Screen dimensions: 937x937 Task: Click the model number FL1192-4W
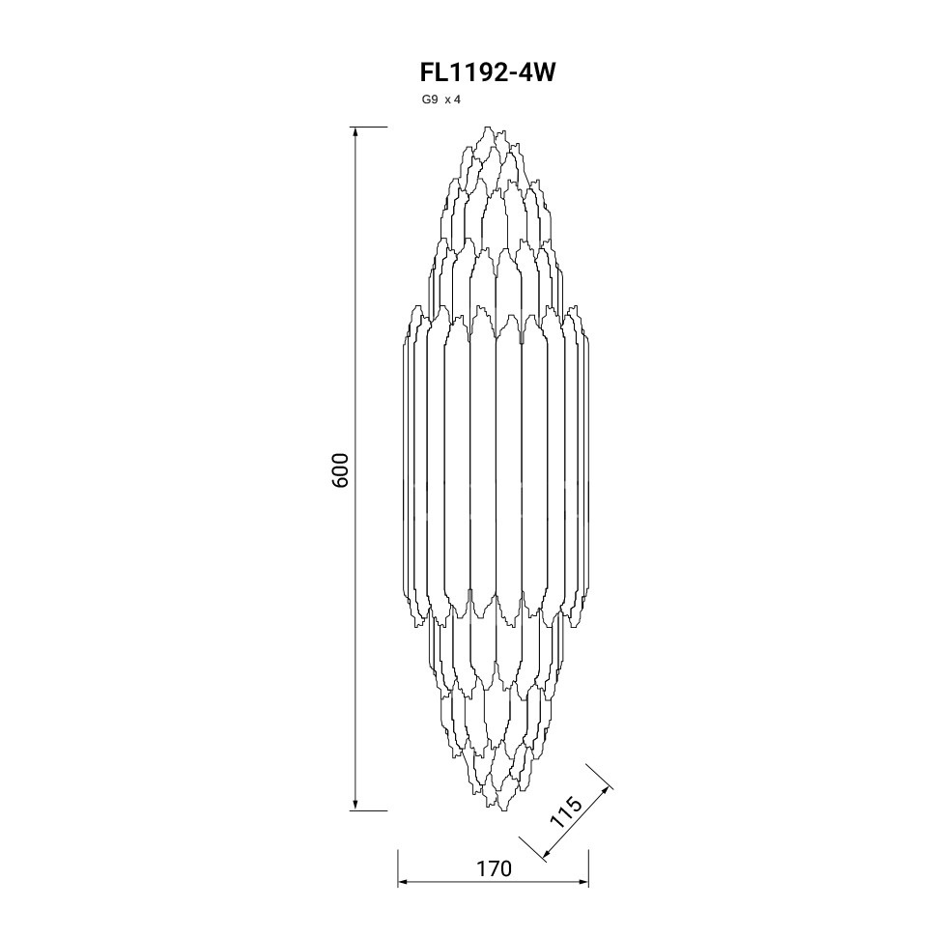click(488, 72)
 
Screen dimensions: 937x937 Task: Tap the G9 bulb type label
click(430, 99)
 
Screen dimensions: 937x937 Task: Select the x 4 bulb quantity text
click(453, 99)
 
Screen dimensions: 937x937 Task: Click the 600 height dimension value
click(339, 469)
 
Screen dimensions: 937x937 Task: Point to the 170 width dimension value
click(494, 868)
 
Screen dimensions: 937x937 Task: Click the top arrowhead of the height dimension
click(355, 133)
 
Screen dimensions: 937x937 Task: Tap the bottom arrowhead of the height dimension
click(355, 805)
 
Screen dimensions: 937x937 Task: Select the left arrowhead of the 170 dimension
click(405, 881)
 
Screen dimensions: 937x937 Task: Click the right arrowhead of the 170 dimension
click(582, 881)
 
